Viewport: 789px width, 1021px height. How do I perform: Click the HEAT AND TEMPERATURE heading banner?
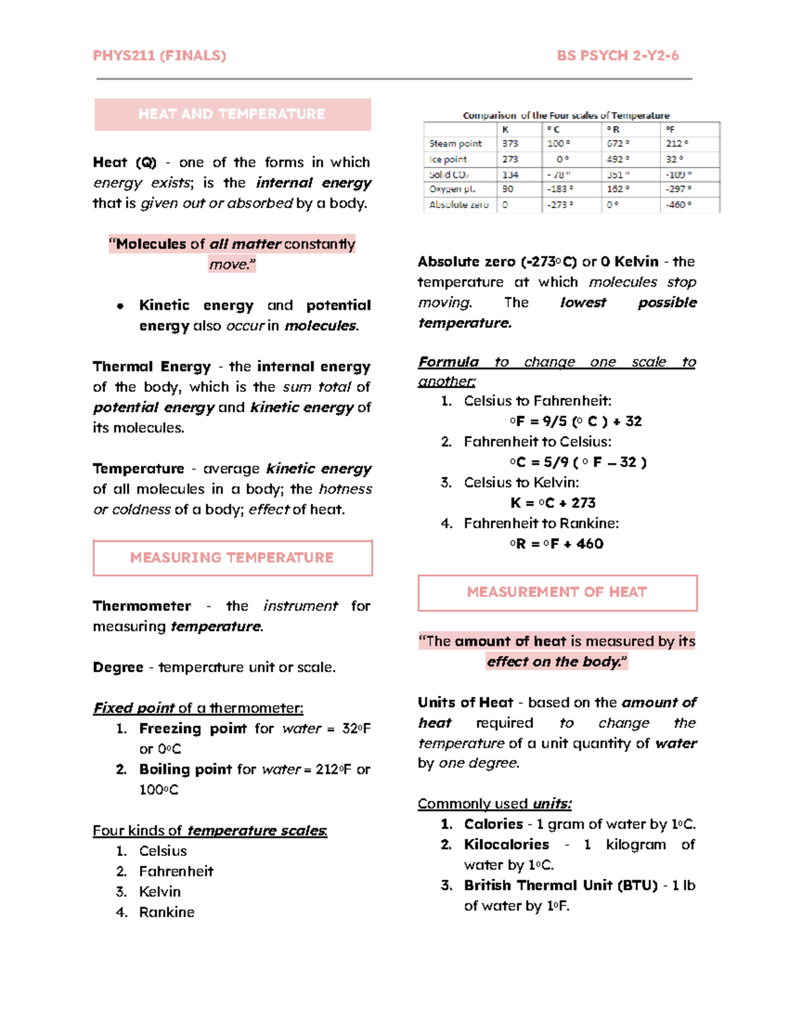coord(232,114)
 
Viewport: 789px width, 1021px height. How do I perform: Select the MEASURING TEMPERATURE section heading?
coord(232,558)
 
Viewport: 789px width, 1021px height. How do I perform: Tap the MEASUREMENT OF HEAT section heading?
coord(557,592)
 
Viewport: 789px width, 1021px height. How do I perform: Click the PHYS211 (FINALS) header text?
coord(159,56)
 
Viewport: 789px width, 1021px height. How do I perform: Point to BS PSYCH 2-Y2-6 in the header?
coord(617,56)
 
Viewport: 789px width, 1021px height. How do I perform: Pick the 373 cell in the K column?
coord(510,143)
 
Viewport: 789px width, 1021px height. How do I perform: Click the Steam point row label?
coord(456,143)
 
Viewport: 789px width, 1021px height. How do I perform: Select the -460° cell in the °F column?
coord(677,204)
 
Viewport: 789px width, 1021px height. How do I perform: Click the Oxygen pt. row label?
coord(452,189)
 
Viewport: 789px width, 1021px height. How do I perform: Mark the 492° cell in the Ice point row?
coord(617,159)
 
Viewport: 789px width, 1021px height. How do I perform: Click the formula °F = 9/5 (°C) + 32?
coord(575,421)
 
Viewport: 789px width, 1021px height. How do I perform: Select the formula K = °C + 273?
coord(553,503)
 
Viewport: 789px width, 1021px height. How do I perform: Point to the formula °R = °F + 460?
coord(556,544)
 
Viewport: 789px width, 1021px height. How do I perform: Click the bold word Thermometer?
coord(142,606)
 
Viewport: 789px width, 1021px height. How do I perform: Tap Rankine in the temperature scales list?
coord(167,913)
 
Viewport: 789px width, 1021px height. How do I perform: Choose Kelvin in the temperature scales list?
coord(160,892)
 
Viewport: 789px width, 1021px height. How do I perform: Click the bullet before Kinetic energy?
coord(120,306)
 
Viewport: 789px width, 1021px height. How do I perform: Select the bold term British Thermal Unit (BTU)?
coord(561,886)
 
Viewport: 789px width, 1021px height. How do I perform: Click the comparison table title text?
coord(566,116)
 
